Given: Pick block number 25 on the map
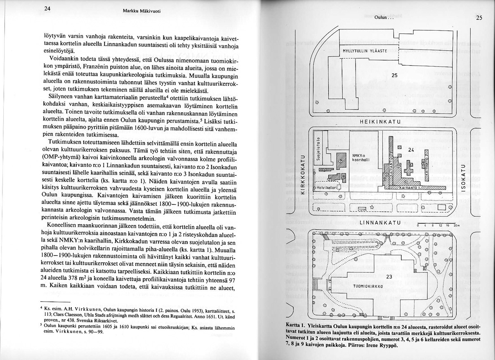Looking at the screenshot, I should click(394, 76).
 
